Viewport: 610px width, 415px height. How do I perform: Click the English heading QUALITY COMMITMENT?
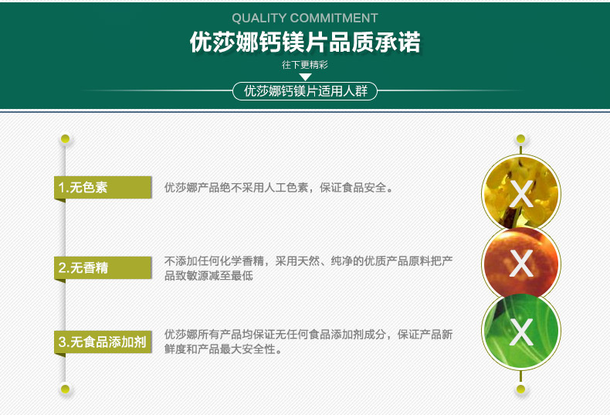pos(304,18)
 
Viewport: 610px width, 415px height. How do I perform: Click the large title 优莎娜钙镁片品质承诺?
pos(305,42)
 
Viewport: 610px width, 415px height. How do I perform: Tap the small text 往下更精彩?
pos(305,65)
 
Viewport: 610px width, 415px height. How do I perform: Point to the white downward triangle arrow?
pos(306,77)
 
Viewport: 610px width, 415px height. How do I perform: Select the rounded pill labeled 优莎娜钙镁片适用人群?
pos(305,91)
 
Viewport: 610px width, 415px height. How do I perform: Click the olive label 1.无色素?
pos(103,187)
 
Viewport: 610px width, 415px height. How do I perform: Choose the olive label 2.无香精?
pos(103,268)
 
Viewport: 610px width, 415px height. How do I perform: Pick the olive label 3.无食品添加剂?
pos(103,342)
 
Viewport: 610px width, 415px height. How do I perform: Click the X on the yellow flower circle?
pos(521,193)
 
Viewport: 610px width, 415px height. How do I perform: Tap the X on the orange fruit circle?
pos(521,264)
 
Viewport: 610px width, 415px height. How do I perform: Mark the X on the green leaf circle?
pos(521,332)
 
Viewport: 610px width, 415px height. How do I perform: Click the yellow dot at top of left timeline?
pos(65,138)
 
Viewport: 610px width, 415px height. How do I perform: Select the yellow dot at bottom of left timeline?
pos(65,389)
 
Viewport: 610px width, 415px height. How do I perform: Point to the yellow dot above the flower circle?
pos(521,138)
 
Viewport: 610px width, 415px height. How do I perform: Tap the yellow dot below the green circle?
pos(521,389)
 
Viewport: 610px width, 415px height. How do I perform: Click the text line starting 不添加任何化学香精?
pos(309,261)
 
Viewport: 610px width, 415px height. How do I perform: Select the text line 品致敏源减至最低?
pos(208,276)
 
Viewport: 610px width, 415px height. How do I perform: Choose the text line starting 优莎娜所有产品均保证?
pos(309,335)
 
